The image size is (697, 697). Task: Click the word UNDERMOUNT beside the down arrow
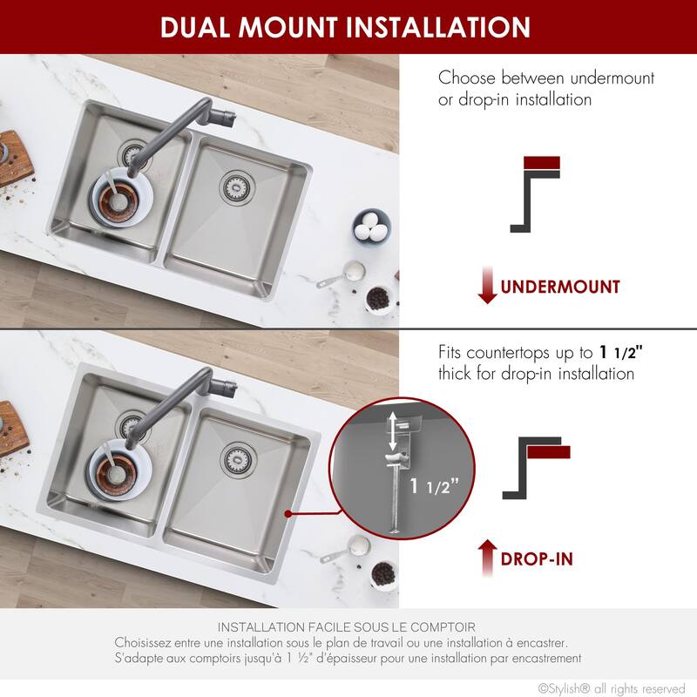point(559,286)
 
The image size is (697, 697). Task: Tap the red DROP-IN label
point(537,558)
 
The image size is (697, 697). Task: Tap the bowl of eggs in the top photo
point(372,227)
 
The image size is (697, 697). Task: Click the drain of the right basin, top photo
point(234,183)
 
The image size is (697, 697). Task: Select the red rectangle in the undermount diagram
point(541,163)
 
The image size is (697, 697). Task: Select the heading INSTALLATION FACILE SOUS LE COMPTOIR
point(347,626)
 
